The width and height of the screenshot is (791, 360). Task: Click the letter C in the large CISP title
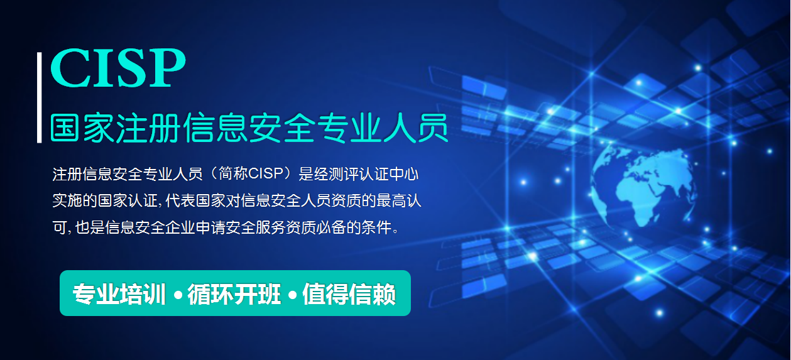tap(70, 67)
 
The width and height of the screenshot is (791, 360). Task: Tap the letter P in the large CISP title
tap(167, 67)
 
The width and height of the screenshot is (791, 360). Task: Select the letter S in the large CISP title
tap(131, 67)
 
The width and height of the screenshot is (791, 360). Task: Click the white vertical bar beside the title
tap(39, 97)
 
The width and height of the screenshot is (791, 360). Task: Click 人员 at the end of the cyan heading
tap(416, 128)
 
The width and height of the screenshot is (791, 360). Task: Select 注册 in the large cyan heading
tap(148, 128)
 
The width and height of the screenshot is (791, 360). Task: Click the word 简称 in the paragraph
tap(234, 174)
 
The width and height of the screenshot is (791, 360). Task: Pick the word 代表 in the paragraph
tap(180, 200)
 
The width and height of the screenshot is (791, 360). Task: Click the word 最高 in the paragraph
tap(391, 200)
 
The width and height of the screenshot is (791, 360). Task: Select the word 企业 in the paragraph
tap(180, 227)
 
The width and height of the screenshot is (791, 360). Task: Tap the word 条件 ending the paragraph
tap(376, 227)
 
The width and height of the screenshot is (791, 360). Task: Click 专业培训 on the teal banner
tap(119, 294)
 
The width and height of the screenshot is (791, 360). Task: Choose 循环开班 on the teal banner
tap(234, 294)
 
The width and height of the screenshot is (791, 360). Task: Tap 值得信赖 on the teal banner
tap(349, 294)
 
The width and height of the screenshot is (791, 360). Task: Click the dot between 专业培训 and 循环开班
tap(178, 294)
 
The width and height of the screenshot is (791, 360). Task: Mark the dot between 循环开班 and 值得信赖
tap(292, 294)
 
